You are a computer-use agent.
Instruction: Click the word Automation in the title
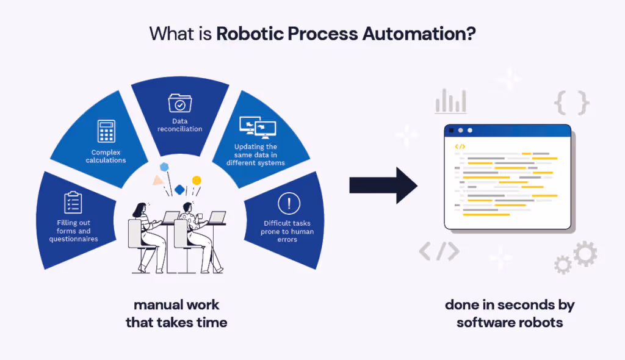(x=419, y=33)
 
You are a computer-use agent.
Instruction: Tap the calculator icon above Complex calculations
(x=107, y=132)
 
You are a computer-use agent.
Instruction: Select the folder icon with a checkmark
(x=179, y=105)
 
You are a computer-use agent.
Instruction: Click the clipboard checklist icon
(x=73, y=202)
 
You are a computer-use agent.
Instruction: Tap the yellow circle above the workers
(x=197, y=180)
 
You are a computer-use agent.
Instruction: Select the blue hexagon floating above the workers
(x=164, y=166)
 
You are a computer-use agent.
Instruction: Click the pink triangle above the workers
(x=158, y=181)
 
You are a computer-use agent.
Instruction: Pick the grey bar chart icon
(x=450, y=101)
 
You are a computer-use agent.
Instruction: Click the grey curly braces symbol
(x=571, y=103)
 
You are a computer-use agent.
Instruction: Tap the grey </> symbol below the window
(x=439, y=251)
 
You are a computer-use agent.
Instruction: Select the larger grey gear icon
(x=585, y=253)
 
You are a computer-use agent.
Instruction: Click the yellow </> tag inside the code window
(x=460, y=146)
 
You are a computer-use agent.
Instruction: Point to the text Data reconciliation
(x=179, y=125)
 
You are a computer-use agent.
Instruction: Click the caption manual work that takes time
(x=176, y=313)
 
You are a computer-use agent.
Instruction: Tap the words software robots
(x=510, y=322)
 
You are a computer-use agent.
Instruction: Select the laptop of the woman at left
(x=171, y=217)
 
